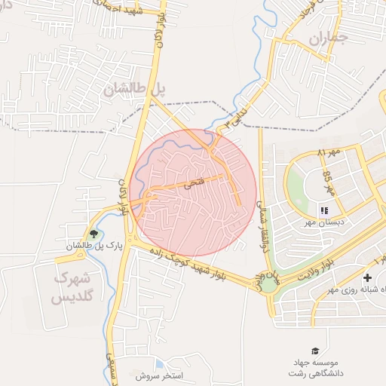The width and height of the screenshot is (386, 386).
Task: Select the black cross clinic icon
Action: [367, 278]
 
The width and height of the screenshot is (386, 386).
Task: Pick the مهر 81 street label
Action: [329, 153]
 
